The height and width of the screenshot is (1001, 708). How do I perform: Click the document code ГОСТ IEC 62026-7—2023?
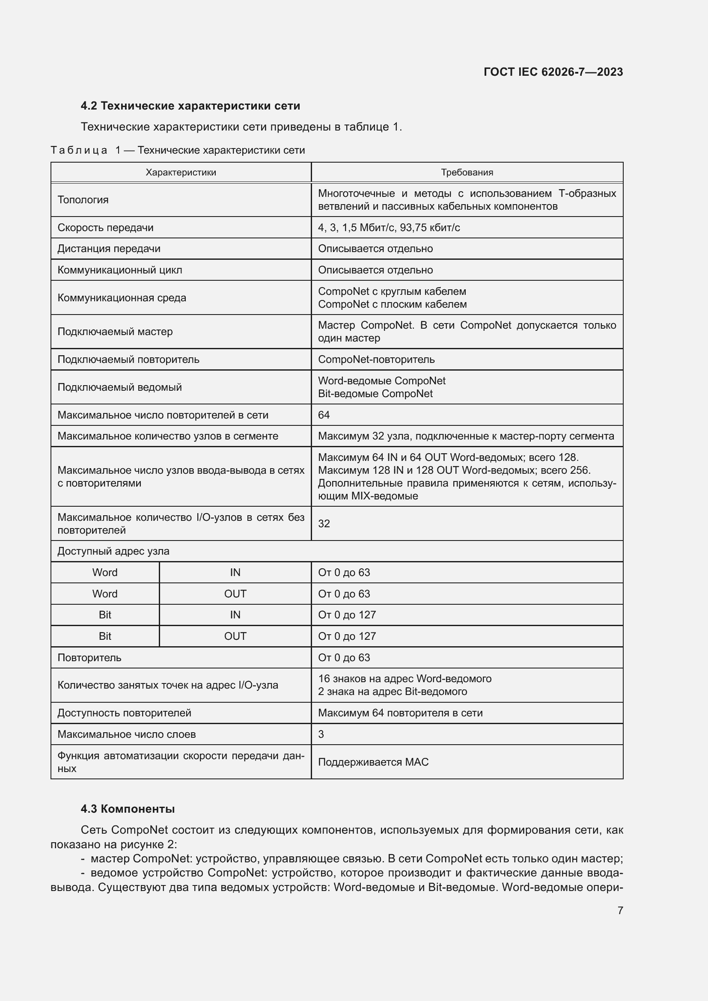click(553, 72)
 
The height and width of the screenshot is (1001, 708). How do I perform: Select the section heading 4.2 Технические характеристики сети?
click(190, 106)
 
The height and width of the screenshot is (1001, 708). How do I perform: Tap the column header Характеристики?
click(181, 172)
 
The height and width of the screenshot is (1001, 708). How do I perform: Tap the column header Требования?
click(467, 172)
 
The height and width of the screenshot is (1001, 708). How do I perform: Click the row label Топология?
click(83, 200)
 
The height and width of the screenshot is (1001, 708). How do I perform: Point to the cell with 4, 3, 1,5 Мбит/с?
click(388, 228)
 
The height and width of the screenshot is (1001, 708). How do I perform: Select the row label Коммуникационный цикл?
click(119, 270)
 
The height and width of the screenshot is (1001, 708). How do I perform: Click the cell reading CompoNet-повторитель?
click(376, 359)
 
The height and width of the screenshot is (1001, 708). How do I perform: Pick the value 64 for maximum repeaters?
click(324, 415)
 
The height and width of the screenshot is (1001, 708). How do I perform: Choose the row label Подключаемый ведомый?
click(119, 387)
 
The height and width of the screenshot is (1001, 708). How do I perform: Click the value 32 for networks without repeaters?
click(324, 523)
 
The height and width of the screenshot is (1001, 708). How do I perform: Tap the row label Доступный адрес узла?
click(113, 551)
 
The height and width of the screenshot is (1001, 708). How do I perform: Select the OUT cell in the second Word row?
click(235, 594)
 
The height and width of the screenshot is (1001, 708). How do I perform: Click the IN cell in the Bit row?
click(235, 615)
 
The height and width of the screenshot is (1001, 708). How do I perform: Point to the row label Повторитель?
click(89, 657)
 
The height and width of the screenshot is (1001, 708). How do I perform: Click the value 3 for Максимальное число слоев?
click(321, 734)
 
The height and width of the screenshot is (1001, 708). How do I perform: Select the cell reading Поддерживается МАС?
click(373, 762)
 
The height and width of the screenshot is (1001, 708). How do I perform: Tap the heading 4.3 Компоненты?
click(127, 809)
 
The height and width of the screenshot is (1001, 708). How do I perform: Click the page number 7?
click(620, 910)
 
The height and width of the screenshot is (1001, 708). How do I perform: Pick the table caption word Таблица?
click(79, 150)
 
